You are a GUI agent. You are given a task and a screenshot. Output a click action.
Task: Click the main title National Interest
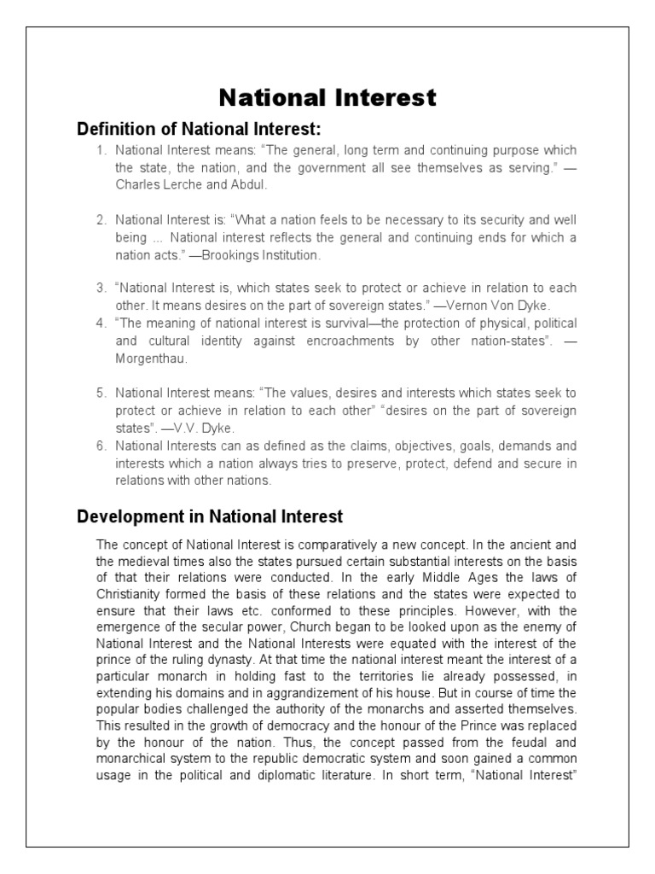[x=327, y=98]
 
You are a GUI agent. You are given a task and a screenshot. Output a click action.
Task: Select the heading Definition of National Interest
[x=199, y=130]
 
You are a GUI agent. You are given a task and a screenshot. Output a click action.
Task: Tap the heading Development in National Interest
[x=210, y=516]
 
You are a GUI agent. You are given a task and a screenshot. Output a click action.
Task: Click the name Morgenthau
[x=149, y=359]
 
